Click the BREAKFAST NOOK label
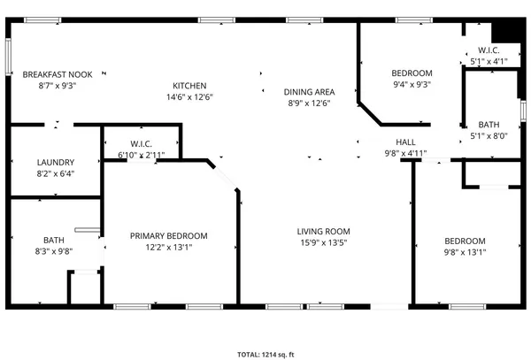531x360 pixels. [x=58, y=74]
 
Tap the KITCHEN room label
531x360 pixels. [x=189, y=85]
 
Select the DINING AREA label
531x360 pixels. [x=309, y=92]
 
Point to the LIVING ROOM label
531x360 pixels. [x=323, y=231]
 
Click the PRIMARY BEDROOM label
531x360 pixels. [x=168, y=235]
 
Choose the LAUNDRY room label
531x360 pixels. [x=55, y=162]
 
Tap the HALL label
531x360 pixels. [x=405, y=142]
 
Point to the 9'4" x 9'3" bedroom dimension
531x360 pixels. [x=412, y=84]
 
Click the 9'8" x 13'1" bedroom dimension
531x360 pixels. [x=465, y=252]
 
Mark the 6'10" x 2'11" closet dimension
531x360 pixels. [x=142, y=155]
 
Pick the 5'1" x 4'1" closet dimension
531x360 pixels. [x=489, y=61]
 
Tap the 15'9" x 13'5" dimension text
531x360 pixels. [x=323, y=242]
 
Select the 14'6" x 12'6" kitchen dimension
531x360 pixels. [x=189, y=96]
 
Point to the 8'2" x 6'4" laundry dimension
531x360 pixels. [x=55, y=173]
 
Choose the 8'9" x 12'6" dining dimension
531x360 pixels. [x=309, y=103]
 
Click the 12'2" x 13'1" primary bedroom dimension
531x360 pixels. [x=168, y=247]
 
